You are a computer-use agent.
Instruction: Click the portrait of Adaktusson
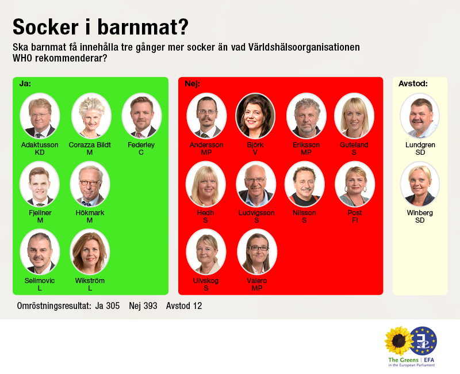(x=39, y=116)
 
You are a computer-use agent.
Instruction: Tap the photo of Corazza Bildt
(x=91, y=116)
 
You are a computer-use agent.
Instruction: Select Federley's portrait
(x=141, y=116)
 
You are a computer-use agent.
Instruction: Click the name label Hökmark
(x=90, y=213)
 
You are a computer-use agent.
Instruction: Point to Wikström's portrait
(x=90, y=252)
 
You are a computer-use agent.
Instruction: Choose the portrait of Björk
(x=255, y=116)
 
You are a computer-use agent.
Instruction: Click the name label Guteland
(x=354, y=145)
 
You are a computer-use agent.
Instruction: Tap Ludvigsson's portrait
(x=256, y=184)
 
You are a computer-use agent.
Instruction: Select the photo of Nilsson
(x=305, y=184)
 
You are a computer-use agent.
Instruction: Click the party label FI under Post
(x=355, y=220)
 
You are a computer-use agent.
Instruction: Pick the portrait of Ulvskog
(x=206, y=252)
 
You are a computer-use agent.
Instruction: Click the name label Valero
(x=256, y=281)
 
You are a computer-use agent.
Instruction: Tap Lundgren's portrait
(x=420, y=116)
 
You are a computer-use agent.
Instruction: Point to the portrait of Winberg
(x=420, y=184)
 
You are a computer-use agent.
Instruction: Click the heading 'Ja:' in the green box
(x=25, y=84)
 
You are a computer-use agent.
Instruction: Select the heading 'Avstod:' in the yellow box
(x=413, y=84)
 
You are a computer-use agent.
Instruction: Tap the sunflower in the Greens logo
(x=397, y=341)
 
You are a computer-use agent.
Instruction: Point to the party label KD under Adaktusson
(x=40, y=152)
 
